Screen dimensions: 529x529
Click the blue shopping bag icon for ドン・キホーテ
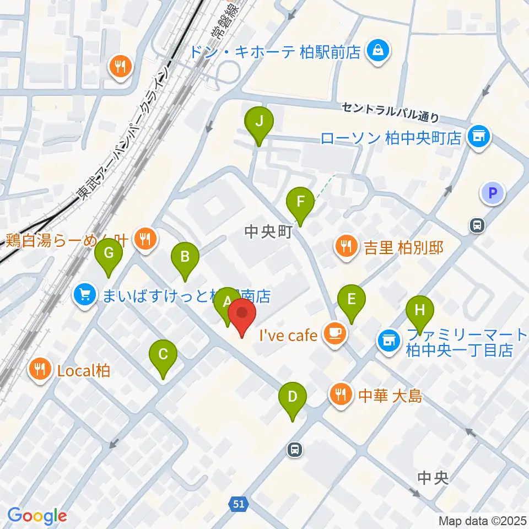(379, 52)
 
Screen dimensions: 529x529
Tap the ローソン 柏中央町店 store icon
(478, 136)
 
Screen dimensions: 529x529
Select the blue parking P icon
(493, 193)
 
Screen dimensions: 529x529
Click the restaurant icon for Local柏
(39, 369)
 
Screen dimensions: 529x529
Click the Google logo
(37, 515)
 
